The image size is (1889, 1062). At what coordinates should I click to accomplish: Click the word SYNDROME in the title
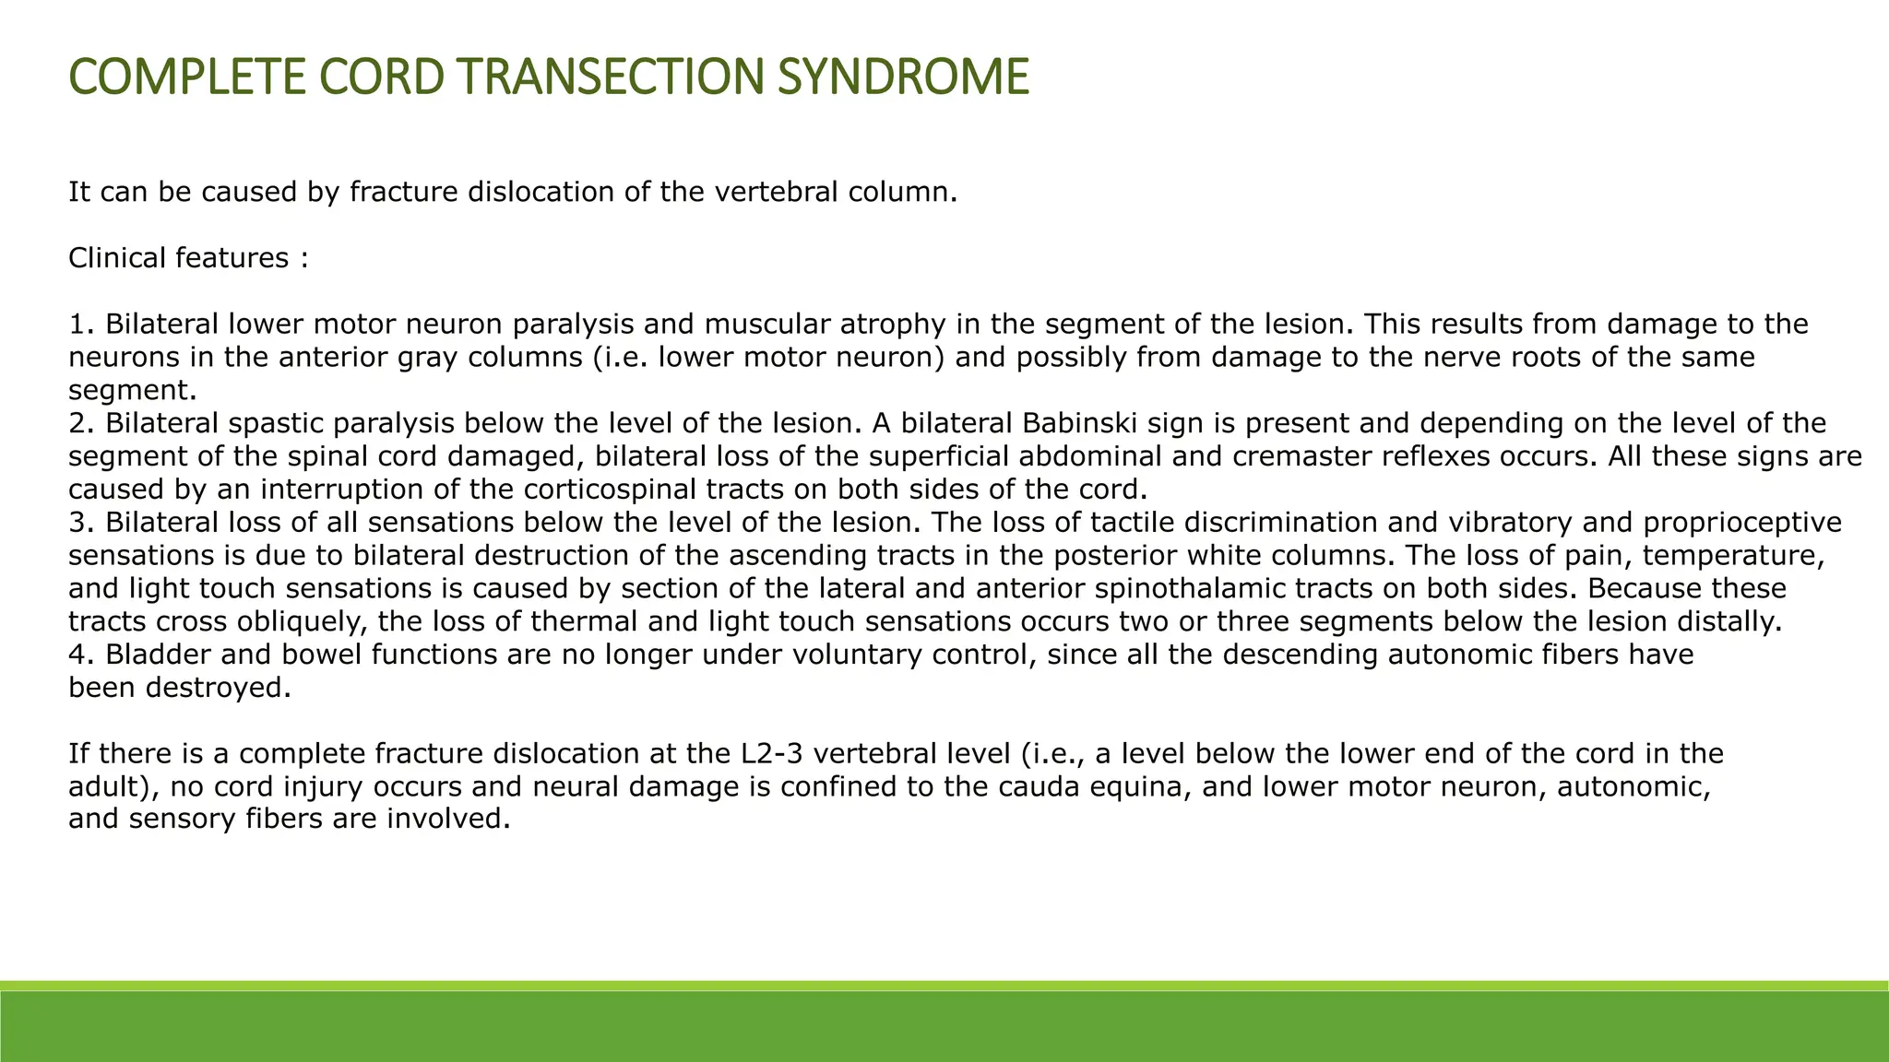tap(902, 77)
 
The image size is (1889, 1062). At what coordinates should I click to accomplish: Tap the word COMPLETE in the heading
tap(185, 77)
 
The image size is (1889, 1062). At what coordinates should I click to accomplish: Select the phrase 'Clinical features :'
tap(188, 258)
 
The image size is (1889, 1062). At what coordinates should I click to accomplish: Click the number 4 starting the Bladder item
tap(77, 655)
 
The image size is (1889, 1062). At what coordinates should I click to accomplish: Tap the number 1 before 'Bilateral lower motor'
tap(76, 324)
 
